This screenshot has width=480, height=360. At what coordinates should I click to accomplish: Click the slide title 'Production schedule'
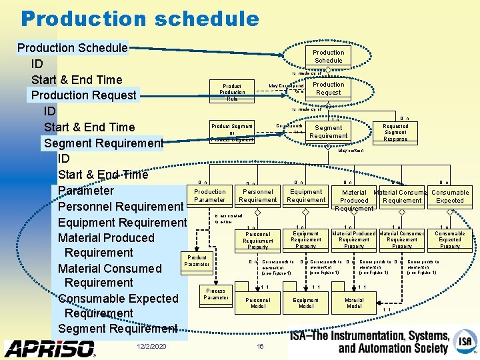(x=139, y=19)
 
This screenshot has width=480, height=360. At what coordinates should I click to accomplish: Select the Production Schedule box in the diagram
(x=328, y=57)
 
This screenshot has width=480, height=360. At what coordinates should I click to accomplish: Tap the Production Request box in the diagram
(x=329, y=89)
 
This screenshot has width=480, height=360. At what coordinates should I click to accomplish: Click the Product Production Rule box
(x=232, y=92)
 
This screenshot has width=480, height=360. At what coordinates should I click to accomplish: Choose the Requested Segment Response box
(x=395, y=132)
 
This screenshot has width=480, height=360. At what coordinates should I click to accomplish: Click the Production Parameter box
(x=210, y=195)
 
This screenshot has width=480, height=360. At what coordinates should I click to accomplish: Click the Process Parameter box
(x=215, y=294)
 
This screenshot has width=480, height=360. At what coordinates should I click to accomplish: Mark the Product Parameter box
(x=197, y=261)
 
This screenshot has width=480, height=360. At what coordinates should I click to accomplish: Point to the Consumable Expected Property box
(x=450, y=239)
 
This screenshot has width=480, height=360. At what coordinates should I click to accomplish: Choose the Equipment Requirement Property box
(x=306, y=239)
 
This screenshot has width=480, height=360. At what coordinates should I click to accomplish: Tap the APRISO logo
(x=50, y=348)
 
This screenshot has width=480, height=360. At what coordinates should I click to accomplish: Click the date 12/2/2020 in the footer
(x=151, y=347)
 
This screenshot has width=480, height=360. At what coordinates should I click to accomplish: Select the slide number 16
(x=261, y=347)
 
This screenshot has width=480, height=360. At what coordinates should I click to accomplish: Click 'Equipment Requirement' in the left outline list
(x=122, y=222)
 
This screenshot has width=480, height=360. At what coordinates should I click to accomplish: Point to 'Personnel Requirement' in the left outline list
(x=121, y=206)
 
